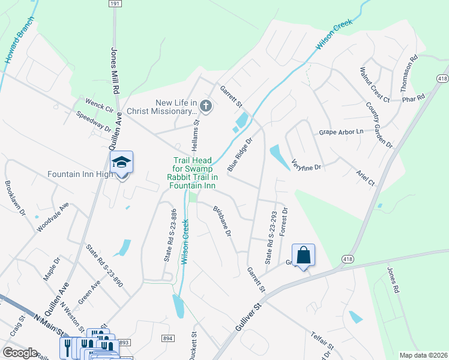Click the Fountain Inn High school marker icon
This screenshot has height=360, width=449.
121,163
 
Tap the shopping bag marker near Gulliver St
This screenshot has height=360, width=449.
304,254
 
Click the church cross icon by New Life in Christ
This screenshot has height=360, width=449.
206,107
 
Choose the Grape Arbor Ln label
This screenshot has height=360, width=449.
342,131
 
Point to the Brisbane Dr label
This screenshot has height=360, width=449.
222,221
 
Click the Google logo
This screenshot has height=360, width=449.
20,353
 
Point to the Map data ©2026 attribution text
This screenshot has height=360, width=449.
423,355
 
